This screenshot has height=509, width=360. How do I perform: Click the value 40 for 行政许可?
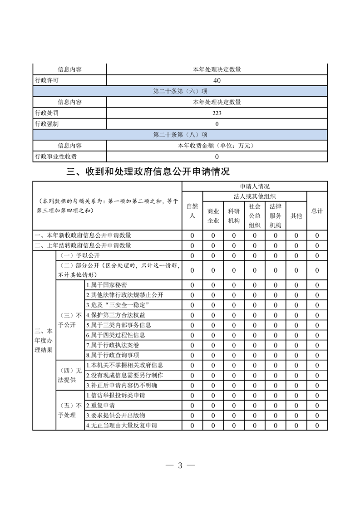point(217,80)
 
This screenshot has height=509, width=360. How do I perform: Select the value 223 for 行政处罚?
point(217,113)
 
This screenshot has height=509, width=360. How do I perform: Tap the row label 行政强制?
point(47,124)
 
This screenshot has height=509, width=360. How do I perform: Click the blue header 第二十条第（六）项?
point(180,91)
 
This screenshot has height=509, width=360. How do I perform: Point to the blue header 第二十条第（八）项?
point(180,135)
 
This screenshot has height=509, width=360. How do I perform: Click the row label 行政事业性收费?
point(56,157)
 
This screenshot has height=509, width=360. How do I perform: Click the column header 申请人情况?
point(255,186)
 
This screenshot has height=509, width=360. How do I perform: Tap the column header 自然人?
point(192,210)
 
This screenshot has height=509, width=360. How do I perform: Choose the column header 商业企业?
point(213,215)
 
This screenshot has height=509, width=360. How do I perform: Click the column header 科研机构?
point(234,215)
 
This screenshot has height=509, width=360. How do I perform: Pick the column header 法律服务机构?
point(276,215)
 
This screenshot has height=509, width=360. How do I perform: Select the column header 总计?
point(317,211)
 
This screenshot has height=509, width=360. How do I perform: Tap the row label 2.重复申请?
point(100,405)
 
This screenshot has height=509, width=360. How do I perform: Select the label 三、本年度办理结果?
point(44,340)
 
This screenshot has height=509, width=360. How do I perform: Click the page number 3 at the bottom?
point(180,465)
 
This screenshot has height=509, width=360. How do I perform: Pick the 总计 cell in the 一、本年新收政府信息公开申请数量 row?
point(317,235)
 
